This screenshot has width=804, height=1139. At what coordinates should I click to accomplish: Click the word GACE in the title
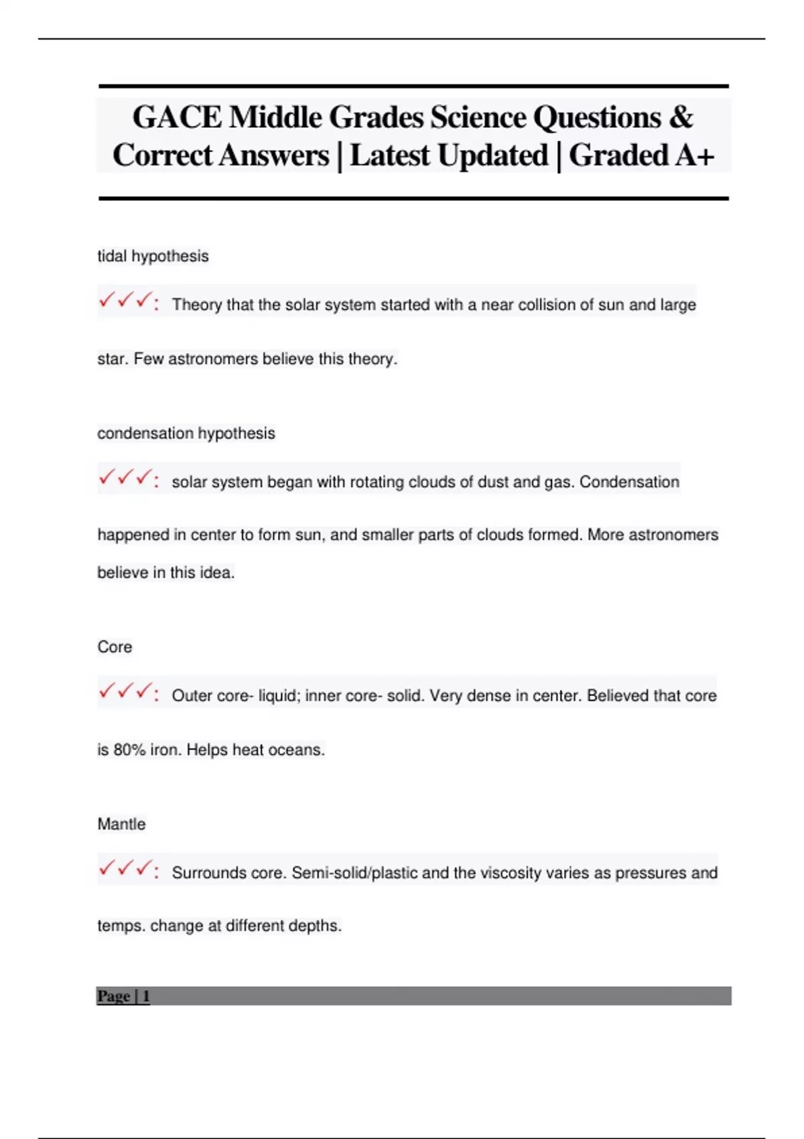177,117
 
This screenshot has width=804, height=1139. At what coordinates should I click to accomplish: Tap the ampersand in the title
680,117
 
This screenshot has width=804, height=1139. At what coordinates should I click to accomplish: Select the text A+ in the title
695,155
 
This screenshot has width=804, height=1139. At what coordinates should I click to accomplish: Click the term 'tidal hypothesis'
153,256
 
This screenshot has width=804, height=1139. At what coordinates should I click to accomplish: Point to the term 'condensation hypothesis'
186,433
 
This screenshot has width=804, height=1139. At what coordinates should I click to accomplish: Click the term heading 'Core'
115,647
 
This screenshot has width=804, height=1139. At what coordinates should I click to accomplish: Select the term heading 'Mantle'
121,824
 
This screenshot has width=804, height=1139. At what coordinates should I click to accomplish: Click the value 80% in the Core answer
129,750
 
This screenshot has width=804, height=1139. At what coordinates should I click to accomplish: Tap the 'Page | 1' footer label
123,996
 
